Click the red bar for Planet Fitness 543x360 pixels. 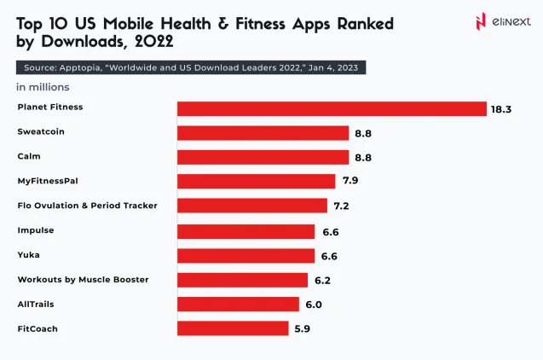coord(332,108)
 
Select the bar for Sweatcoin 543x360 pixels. coord(263,133)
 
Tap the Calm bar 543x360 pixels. coord(263,157)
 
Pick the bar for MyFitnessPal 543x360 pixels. coord(256,181)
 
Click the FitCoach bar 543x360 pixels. coord(233,328)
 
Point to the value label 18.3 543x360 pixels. coord(500,109)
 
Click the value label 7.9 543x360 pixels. coord(350,182)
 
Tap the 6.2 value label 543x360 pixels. coord(322,281)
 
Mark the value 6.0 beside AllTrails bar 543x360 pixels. coord(315,305)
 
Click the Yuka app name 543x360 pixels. coord(28,254)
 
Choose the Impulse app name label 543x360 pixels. coord(35,229)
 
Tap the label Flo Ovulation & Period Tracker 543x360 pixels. coord(87,206)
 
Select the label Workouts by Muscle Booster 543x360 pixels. coord(83,279)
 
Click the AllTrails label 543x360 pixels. coord(35,304)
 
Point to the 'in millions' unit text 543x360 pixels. coord(43,87)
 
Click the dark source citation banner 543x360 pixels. coord(191,67)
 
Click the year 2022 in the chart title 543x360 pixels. coord(150,42)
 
